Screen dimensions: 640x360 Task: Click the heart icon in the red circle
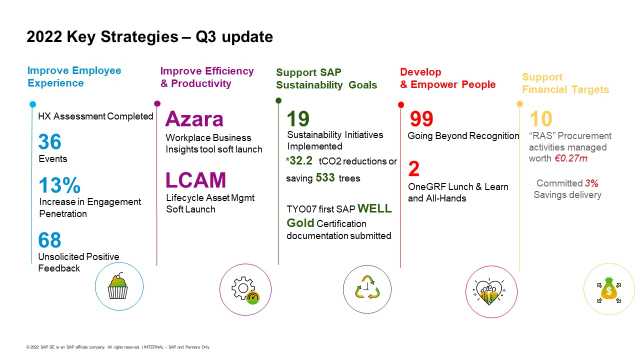coord(489,291)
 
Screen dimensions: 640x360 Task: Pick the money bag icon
coord(609,290)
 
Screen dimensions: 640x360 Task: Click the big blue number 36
coord(49,141)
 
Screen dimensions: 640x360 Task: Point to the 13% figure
coord(59,185)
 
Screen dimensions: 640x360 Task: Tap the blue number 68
coord(49,240)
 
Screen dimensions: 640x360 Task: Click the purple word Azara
coord(194,119)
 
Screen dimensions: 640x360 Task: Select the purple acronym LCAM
coord(195,180)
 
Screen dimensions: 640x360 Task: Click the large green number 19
coord(298,118)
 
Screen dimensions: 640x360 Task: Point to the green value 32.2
coord(301,160)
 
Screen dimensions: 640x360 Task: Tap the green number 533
coord(325,177)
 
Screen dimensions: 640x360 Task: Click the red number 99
coord(421,119)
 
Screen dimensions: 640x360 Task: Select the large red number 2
coord(414,168)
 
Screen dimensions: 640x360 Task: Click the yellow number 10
coord(541,119)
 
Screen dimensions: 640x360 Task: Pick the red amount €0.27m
coord(571,158)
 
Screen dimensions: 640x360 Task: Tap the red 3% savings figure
coord(591,183)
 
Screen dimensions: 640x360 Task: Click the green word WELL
coord(374,208)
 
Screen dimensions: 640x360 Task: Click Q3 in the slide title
coord(205,36)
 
